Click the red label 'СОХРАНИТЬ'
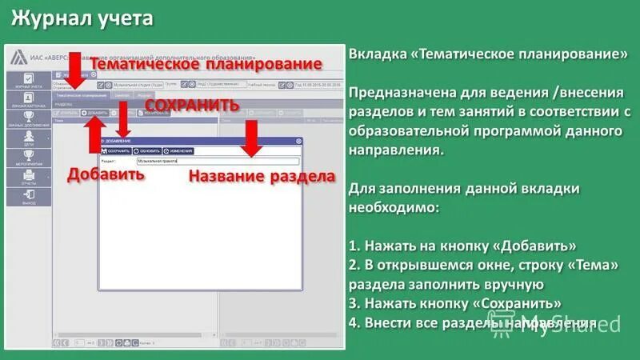(x=192, y=106)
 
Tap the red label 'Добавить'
(x=106, y=174)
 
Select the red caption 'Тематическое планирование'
(x=208, y=64)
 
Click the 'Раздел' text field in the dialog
(x=216, y=161)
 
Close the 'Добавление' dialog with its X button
(x=299, y=141)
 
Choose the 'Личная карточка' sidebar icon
(x=29, y=100)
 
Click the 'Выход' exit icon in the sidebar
(x=29, y=198)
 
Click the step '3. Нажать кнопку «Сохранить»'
(x=454, y=304)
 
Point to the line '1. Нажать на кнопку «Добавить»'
(x=463, y=246)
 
